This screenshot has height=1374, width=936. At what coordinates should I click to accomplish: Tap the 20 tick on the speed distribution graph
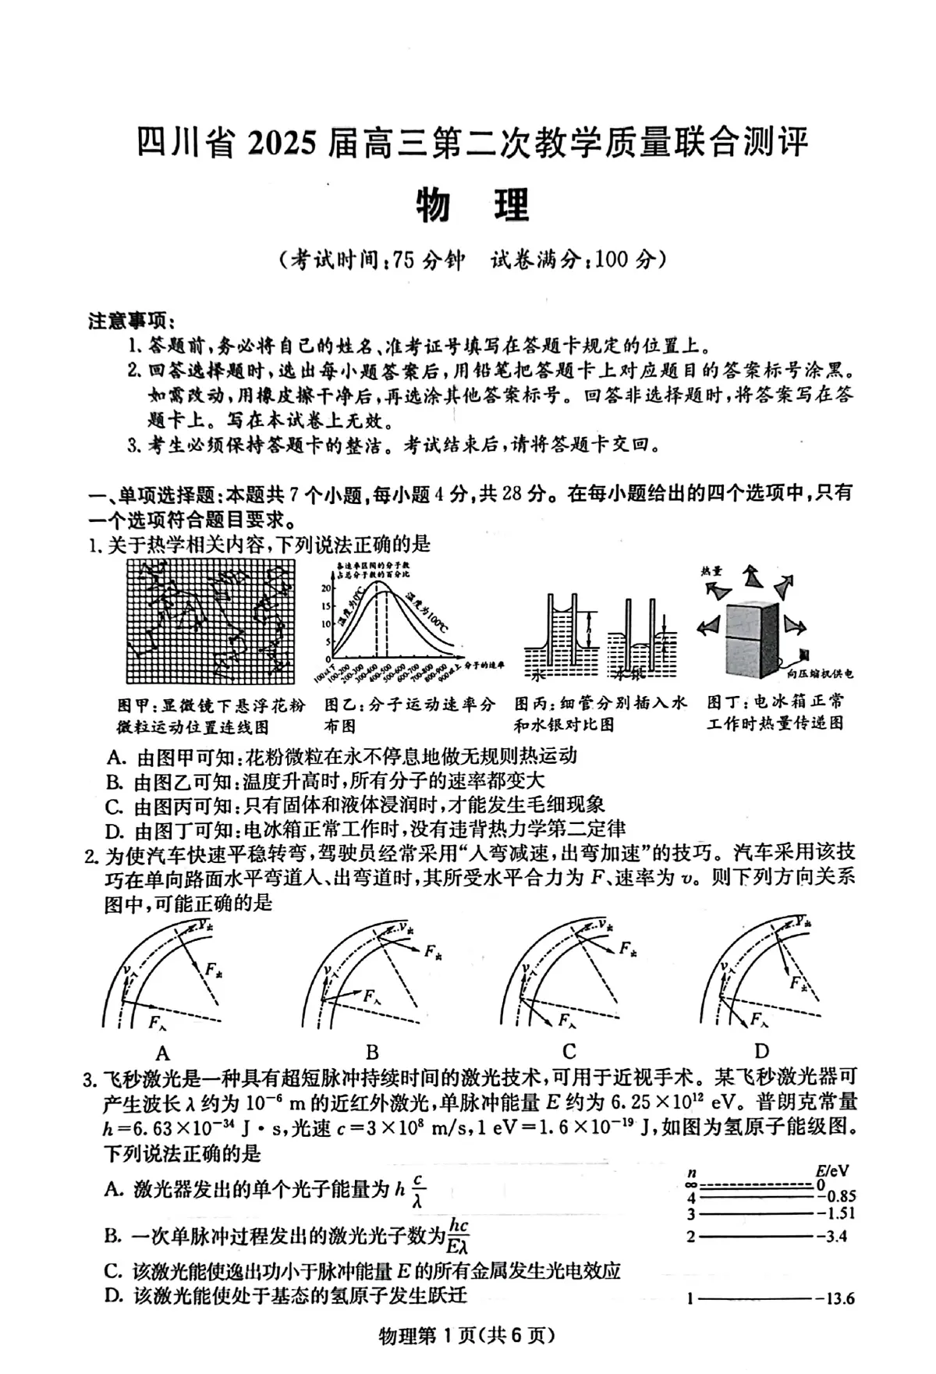coord(326,587)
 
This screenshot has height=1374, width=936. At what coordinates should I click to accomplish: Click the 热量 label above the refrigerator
coord(711,571)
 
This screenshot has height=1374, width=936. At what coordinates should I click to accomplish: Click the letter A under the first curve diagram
coord(162,1050)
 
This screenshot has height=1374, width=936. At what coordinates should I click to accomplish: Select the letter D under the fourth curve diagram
coord(761,1050)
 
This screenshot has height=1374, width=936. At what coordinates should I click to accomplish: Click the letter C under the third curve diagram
coord(569,1050)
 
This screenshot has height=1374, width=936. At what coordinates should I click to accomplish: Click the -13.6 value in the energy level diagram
coord(835,1299)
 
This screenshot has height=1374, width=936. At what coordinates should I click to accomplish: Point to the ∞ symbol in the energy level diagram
coord(691,1184)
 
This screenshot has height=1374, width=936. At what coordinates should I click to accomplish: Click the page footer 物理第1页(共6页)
coord(466,1336)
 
